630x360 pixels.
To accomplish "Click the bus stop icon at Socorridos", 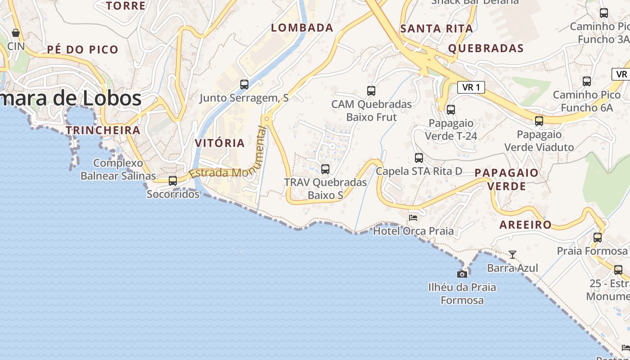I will pyautogui.click(x=172, y=181).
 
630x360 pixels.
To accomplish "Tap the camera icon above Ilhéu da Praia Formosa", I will pyautogui.click(x=462, y=274).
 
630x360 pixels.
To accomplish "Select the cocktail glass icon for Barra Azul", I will pyautogui.click(x=512, y=255).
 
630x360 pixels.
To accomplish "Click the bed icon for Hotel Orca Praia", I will pyautogui.click(x=413, y=218).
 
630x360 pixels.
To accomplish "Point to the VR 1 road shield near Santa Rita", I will pyautogui.click(x=471, y=87).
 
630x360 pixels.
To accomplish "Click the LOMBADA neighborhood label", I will pyautogui.click(x=302, y=28).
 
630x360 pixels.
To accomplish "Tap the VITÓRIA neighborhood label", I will pyautogui.click(x=220, y=143).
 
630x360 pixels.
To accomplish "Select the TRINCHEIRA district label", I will pyautogui.click(x=103, y=130).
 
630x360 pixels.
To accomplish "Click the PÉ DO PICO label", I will pyautogui.click(x=83, y=49).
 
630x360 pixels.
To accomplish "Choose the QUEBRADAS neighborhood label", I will pyautogui.click(x=486, y=49).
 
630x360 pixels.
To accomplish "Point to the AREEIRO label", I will pyautogui.click(x=526, y=225).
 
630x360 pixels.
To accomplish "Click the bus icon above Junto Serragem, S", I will pyautogui.click(x=244, y=84).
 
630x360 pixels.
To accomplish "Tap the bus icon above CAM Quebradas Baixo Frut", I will pyautogui.click(x=371, y=91).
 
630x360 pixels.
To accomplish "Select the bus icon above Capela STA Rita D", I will pyautogui.click(x=419, y=158).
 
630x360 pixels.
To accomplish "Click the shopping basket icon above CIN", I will pyautogui.click(x=16, y=33).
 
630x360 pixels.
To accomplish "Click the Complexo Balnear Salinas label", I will pyautogui.click(x=118, y=169).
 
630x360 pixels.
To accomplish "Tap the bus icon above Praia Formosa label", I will pyautogui.click(x=598, y=237).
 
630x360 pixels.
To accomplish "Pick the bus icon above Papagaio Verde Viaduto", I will pyautogui.click(x=539, y=121).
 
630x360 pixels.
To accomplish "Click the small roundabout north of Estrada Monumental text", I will pyautogui.click(x=267, y=119).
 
